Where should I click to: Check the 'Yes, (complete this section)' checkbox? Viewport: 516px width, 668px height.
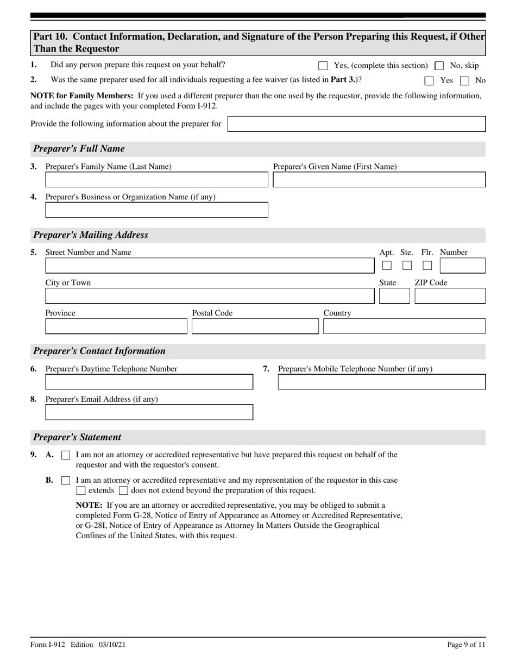point(323,66)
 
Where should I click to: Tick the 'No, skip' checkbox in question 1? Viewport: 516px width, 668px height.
point(439,66)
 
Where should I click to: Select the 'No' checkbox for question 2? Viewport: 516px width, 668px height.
point(464,81)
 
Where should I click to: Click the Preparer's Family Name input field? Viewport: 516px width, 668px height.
point(156,180)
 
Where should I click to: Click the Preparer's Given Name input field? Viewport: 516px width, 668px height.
point(379,180)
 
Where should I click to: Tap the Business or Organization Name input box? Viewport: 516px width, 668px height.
point(156,210)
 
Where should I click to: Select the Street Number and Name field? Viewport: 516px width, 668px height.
point(210,266)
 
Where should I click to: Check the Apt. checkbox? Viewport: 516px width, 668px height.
point(387,266)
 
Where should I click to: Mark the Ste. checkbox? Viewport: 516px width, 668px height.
point(407,266)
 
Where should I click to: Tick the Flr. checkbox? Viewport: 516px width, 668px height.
point(427,266)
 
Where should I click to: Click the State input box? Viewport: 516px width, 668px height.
point(394,296)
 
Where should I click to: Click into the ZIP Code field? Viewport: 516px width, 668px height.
point(450,296)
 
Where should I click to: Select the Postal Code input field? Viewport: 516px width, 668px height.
point(255,326)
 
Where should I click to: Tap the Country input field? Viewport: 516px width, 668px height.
point(404,326)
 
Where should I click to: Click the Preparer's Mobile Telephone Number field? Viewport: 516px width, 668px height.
point(382,382)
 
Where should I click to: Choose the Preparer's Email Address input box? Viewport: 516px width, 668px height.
point(149,413)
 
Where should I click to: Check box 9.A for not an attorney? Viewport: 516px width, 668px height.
point(66,456)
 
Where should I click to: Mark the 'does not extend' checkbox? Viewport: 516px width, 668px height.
point(123,491)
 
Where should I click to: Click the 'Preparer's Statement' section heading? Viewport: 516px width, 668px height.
point(77,437)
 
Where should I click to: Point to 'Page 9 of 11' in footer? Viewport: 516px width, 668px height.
point(466,645)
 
